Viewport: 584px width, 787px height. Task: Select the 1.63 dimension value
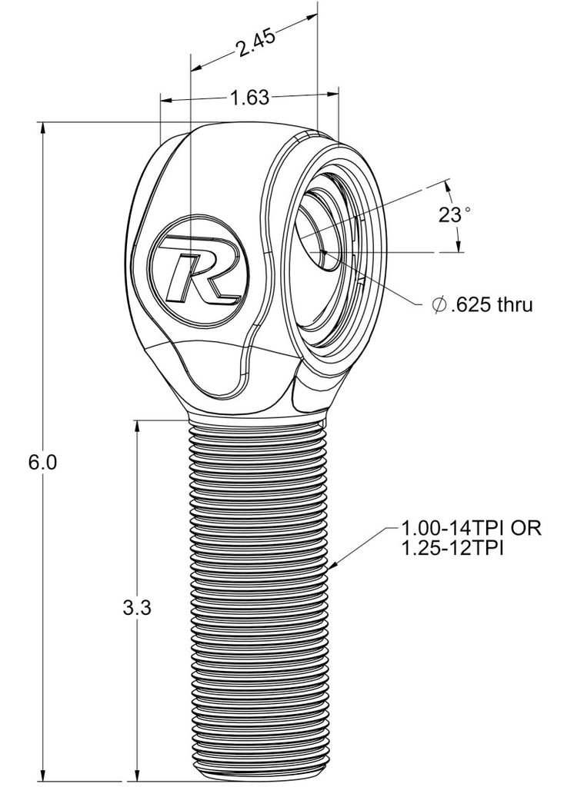249,98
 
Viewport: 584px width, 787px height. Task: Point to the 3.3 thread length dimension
136,608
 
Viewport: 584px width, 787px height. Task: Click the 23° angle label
453,214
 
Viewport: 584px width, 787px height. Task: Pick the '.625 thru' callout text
492,305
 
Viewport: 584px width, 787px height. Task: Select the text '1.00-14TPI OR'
472,529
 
